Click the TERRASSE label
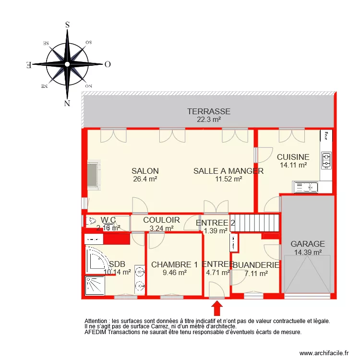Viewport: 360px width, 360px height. pos(208,111)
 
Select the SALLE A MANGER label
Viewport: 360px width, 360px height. pos(228,171)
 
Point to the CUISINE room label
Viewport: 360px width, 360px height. pos(293,157)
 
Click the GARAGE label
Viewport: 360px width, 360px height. pos(308,244)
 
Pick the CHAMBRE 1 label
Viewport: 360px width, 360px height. pos(174,264)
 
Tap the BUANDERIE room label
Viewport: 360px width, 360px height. pos(256,265)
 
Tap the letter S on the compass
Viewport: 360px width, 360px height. pos(68,25)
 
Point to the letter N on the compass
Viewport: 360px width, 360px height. pos(67,103)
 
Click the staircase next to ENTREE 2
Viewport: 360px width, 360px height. pos(255,223)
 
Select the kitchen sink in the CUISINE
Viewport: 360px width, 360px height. pos(305,187)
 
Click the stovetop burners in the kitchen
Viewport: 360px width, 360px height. pos(326,161)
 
